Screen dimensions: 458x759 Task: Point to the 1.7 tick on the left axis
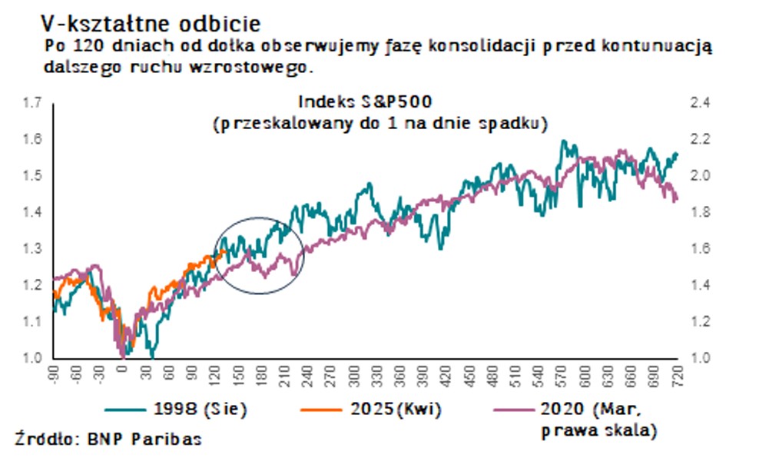click(31, 103)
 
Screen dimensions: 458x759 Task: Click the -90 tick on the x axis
click(53, 375)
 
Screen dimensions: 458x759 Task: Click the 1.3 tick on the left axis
click(31, 249)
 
